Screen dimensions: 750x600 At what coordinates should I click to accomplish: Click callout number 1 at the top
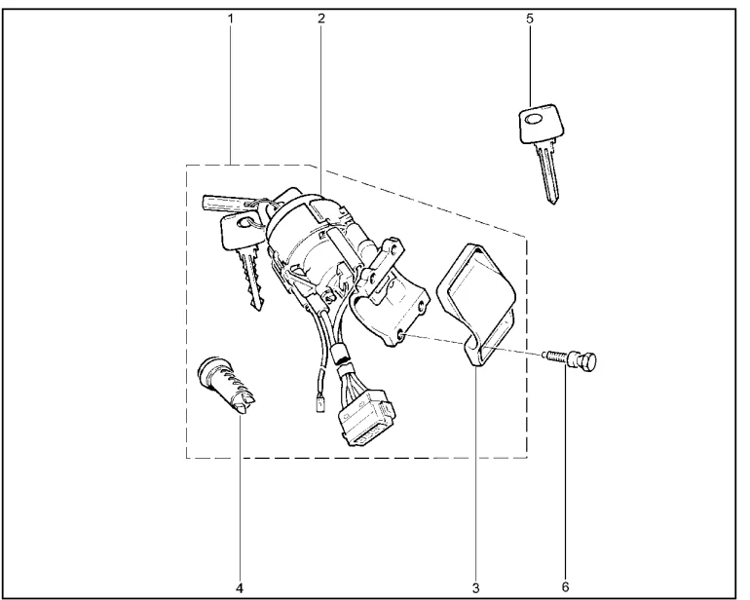click(x=231, y=19)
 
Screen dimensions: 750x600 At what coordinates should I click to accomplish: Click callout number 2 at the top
click(x=321, y=19)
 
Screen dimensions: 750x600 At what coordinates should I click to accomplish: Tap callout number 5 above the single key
click(x=530, y=19)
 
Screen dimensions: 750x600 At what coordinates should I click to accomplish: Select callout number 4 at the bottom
click(x=240, y=587)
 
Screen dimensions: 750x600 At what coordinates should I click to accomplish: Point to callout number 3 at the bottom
click(x=475, y=587)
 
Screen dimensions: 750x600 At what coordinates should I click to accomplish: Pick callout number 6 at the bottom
click(x=565, y=587)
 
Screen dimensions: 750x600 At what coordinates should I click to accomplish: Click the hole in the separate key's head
click(x=532, y=119)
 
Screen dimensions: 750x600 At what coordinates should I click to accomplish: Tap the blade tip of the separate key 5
click(x=553, y=202)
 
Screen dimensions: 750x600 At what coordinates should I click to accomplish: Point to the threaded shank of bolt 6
click(x=556, y=356)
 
